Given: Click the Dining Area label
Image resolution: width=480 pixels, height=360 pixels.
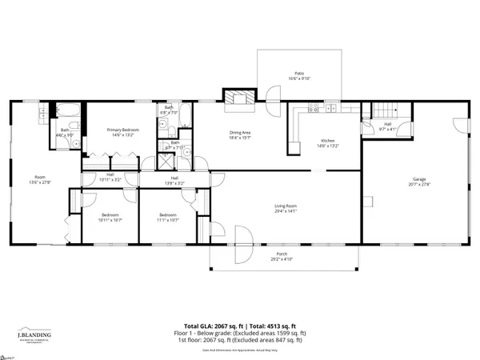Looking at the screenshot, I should pos(241,133).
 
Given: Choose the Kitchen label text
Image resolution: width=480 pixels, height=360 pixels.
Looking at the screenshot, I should pos(330,140).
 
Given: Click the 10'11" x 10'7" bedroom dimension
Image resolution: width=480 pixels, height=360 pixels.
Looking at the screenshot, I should pos(110,219).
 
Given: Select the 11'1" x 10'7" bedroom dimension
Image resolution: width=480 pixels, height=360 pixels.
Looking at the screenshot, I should pos(167,219).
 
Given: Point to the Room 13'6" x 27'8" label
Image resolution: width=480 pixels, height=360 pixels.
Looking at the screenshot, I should pos(39,180).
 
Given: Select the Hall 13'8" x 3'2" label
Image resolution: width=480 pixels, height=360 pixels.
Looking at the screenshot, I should pos(174,182).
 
